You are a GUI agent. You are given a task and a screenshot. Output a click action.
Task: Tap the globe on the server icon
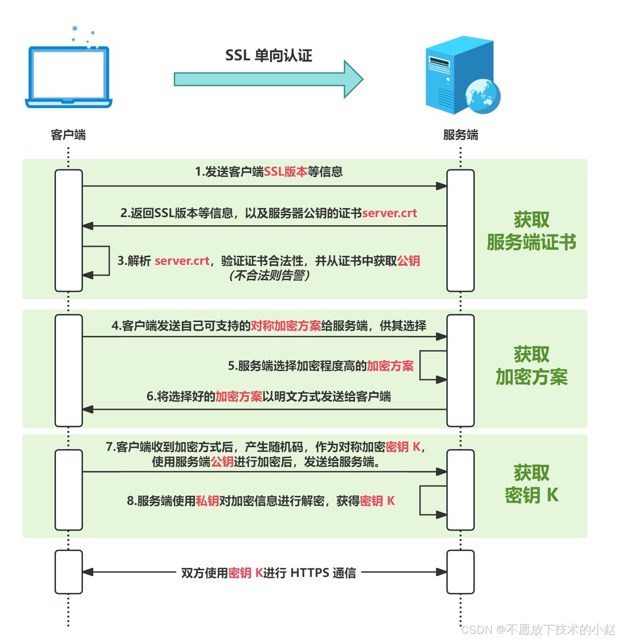(483, 95)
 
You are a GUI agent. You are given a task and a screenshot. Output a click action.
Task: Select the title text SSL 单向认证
(268, 55)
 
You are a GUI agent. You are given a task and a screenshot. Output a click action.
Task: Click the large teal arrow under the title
(268, 79)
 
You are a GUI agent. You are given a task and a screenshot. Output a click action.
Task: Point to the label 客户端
(68, 135)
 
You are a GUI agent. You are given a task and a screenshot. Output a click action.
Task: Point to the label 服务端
(460, 135)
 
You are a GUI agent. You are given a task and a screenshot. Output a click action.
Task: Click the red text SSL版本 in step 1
(286, 172)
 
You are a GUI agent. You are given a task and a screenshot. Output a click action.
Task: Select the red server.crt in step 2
(390, 213)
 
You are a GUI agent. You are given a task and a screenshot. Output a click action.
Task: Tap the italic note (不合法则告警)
(269, 275)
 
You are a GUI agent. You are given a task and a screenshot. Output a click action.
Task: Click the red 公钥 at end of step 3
(409, 261)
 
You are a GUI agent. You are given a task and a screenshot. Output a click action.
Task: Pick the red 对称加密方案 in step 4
(286, 326)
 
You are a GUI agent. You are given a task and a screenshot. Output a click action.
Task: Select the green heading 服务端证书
(531, 242)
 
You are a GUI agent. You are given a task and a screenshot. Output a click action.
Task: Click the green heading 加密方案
(531, 377)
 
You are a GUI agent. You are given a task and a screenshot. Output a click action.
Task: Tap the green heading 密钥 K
(531, 495)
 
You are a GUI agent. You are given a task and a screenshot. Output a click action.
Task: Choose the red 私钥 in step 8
(208, 501)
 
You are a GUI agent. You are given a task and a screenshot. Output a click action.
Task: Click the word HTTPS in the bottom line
(310, 573)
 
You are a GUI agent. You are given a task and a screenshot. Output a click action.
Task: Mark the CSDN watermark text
(538, 629)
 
